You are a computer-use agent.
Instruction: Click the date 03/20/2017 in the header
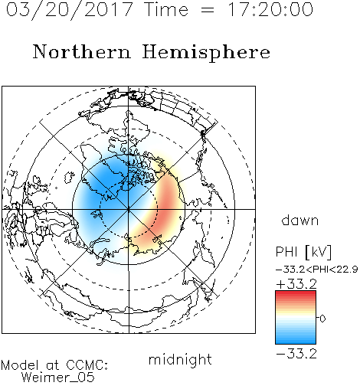(70, 10)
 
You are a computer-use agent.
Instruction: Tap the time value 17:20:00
(270, 9)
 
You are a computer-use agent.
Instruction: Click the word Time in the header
(166, 9)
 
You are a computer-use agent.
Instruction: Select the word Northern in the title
(82, 52)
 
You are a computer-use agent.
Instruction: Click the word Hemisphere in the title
(206, 53)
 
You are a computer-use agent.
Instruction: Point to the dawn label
(300, 220)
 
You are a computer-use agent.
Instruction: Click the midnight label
(180, 359)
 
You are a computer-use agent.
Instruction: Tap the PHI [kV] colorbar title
(303, 252)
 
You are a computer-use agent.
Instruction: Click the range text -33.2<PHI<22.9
(317, 270)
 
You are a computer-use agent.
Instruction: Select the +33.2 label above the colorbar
(296, 283)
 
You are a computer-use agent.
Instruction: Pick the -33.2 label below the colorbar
(296, 354)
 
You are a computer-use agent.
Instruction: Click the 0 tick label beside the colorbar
(322, 319)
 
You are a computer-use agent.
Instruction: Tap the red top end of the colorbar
(296, 293)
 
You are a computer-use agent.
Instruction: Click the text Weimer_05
(58, 378)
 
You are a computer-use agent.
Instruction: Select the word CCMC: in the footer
(87, 365)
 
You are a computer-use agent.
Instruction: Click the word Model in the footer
(20, 365)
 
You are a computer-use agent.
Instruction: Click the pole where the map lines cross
(129, 209)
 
